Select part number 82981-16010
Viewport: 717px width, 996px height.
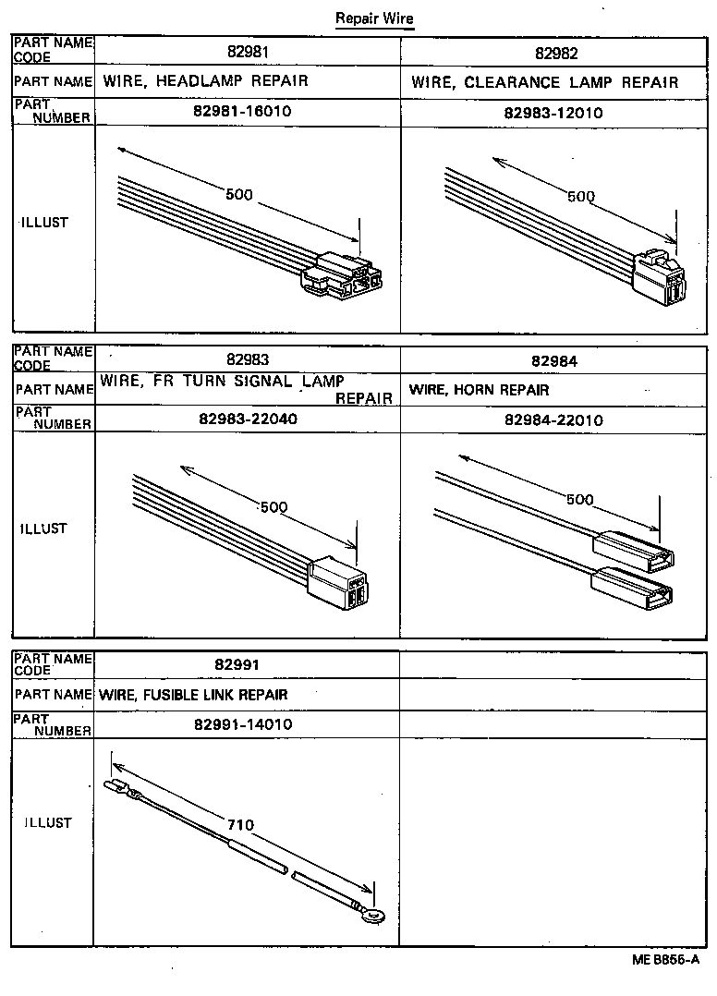(x=248, y=112)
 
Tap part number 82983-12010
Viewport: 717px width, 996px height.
(x=553, y=112)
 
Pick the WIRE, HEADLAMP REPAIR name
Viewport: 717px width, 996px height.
(x=205, y=81)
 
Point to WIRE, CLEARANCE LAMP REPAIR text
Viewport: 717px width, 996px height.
(x=545, y=82)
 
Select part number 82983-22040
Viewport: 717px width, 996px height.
(x=248, y=419)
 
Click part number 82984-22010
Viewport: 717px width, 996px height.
(x=553, y=419)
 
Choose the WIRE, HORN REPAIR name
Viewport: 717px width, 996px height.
(x=480, y=390)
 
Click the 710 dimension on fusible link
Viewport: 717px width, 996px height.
(x=239, y=825)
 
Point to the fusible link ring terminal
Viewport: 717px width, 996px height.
(x=372, y=917)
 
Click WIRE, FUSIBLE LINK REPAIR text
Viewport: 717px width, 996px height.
(x=193, y=695)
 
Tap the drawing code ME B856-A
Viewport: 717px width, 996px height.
(x=665, y=959)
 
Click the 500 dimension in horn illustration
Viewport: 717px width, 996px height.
(x=578, y=500)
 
